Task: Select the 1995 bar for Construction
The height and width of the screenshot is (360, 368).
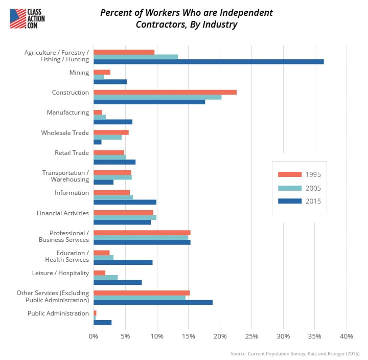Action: point(165,92)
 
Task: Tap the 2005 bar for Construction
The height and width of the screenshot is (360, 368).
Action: point(157,97)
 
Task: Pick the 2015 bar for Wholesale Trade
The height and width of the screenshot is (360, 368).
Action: point(98,142)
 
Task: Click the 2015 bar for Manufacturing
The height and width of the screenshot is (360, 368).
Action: point(113,122)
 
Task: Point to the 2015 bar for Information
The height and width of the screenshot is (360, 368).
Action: point(125,202)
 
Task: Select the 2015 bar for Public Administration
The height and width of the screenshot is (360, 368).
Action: point(102,322)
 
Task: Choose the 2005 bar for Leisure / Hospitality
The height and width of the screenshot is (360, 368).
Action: point(106,278)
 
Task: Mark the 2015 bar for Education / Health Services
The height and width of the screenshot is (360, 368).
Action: point(123,262)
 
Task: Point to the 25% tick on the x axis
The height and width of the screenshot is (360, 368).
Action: point(252,336)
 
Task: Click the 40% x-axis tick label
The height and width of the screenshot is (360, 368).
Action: point(347,336)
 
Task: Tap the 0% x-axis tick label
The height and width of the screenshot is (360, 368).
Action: point(94,336)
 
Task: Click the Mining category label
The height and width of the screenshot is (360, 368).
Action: point(79,73)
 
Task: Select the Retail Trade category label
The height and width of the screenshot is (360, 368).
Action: point(72,152)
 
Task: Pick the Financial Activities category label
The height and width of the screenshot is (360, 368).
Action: point(63,213)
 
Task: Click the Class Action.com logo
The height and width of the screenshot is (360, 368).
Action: point(29,18)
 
